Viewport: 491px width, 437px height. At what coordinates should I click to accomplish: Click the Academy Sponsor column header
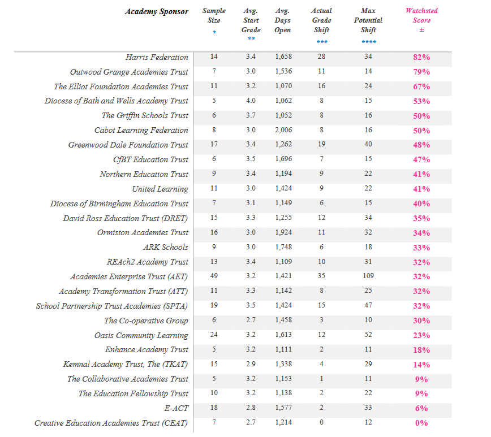(x=157, y=11)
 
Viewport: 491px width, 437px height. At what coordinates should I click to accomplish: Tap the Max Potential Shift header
(x=368, y=20)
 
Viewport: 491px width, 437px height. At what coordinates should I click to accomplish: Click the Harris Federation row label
(x=157, y=57)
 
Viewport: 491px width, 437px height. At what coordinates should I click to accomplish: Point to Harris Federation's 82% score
(x=421, y=57)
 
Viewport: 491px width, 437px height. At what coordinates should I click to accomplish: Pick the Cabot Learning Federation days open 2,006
(x=283, y=130)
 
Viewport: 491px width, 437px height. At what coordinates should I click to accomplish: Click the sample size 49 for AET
(x=214, y=276)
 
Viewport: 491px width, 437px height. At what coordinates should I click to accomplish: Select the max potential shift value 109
(x=368, y=276)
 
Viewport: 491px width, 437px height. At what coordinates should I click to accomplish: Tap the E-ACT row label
(x=176, y=408)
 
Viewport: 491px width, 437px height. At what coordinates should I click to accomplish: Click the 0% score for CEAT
(x=421, y=423)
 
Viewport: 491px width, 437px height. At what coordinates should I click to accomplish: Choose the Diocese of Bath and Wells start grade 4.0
(x=251, y=101)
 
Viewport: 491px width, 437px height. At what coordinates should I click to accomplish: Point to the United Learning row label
(x=160, y=189)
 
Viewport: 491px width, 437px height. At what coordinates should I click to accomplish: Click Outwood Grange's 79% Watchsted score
(x=421, y=72)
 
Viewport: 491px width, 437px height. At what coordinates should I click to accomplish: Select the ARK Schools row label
(x=166, y=247)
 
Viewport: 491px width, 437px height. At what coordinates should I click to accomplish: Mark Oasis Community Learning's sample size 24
(x=214, y=335)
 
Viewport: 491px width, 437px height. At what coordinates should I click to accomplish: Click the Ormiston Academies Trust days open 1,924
(x=283, y=232)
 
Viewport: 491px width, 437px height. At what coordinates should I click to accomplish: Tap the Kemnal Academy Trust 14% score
(x=421, y=365)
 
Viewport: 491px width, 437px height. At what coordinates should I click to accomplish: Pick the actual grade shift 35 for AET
(x=322, y=276)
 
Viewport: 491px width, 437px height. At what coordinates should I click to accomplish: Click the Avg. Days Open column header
(x=282, y=20)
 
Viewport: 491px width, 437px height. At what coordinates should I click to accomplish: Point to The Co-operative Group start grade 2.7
(x=251, y=320)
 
